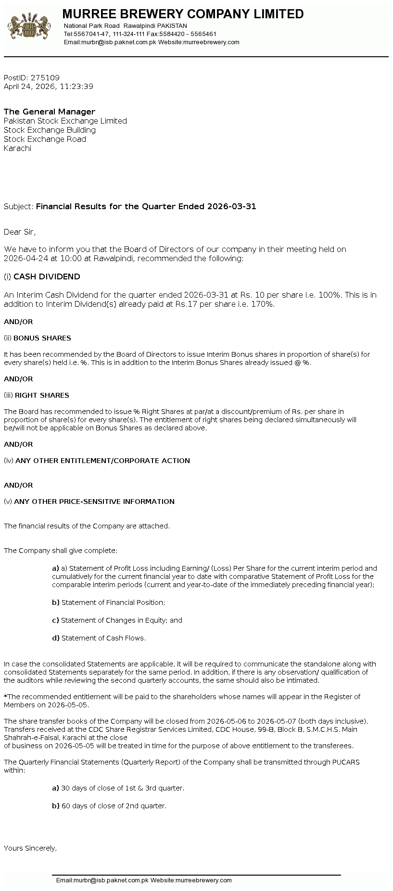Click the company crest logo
pyautogui.click(x=29, y=27)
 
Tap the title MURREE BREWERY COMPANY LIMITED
pyautogui.click(x=183, y=14)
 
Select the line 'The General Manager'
pyautogui.click(x=50, y=112)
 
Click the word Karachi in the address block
pyautogui.click(x=17, y=148)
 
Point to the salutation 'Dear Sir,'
pyautogui.click(x=20, y=232)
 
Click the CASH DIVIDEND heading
pyautogui.click(x=47, y=276)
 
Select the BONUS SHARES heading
pyautogui.click(x=42, y=338)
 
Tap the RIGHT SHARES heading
pyautogui.click(x=42, y=395)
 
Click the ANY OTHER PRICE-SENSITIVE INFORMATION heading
pyautogui.click(x=94, y=502)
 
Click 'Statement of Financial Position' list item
pyautogui.click(x=113, y=602)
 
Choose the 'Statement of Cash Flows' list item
pyautogui.click(x=103, y=638)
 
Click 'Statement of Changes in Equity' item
pyautogui.click(x=121, y=620)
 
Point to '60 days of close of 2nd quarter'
pyautogui.click(x=114, y=806)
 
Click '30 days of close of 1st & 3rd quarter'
pyautogui.click(x=123, y=788)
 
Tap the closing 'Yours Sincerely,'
pyautogui.click(x=30, y=848)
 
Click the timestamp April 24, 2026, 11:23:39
pyautogui.click(x=49, y=87)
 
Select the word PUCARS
pyautogui.click(x=345, y=762)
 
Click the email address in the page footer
pyautogui.click(x=102, y=880)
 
